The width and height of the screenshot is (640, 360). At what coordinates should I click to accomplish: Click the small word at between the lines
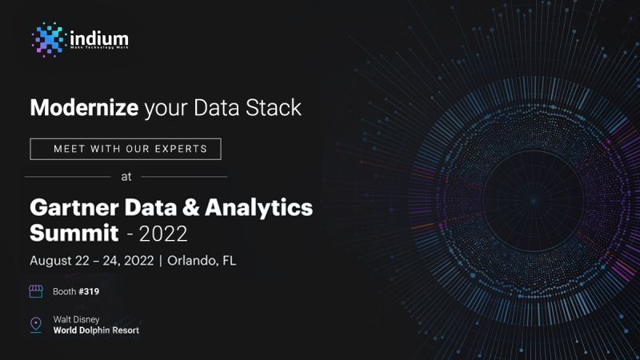pyautogui.click(x=126, y=176)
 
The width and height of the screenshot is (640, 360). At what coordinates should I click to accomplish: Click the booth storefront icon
pyautogui.click(x=36, y=291)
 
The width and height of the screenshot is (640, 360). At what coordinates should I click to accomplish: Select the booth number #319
pyautogui.click(x=88, y=292)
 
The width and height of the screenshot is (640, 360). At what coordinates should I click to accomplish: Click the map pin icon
pyautogui.click(x=36, y=324)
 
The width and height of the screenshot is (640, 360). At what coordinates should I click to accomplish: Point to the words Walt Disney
pyautogui.click(x=76, y=318)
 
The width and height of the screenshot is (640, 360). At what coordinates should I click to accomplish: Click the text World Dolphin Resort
pyautogui.click(x=96, y=330)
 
